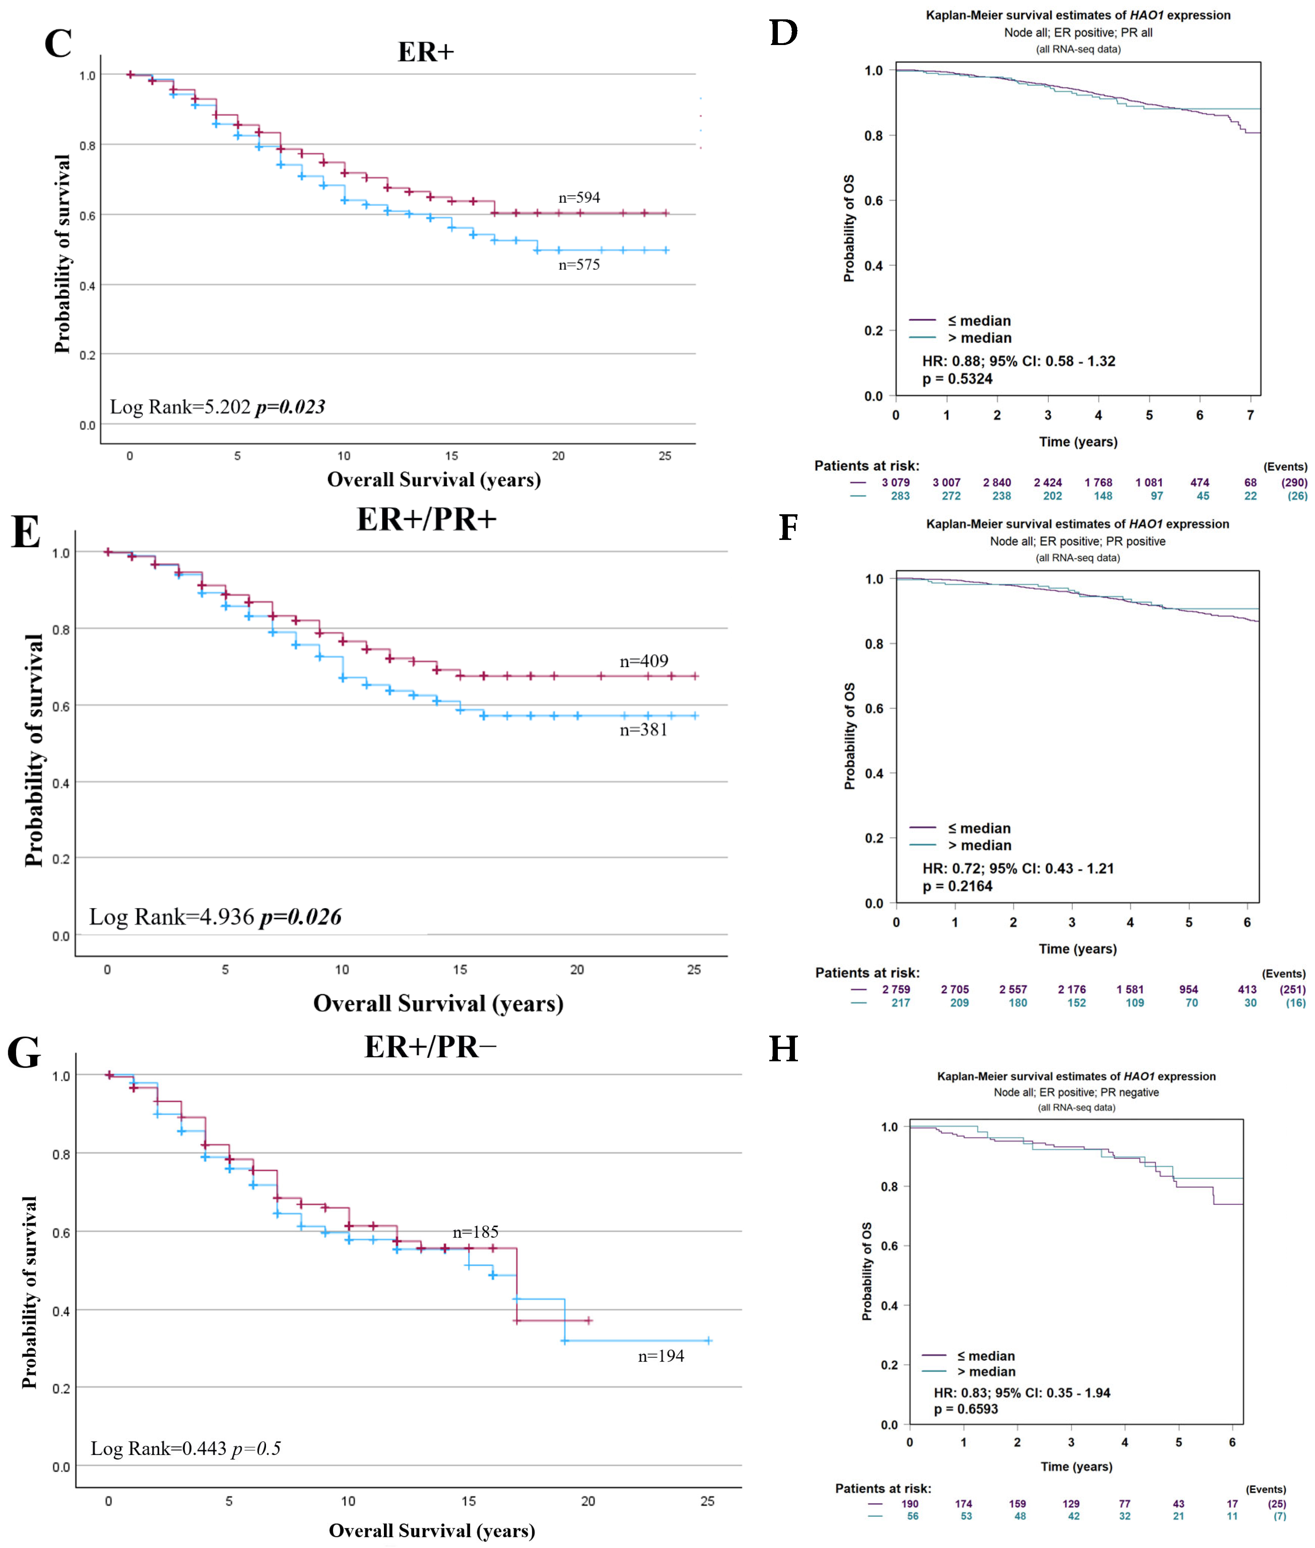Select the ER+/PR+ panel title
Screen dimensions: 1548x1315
(x=426, y=520)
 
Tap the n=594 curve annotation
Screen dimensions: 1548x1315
(x=579, y=198)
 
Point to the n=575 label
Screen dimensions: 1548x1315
(x=579, y=265)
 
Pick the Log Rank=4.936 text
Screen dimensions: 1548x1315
(x=171, y=917)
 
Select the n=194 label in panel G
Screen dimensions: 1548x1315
(x=661, y=1356)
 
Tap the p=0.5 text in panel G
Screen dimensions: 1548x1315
(x=256, y=1448)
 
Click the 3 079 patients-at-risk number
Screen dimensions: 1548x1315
(x=895, y=482)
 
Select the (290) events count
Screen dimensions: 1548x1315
(x=1294, y=482)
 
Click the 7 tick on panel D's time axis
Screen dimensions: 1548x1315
(x=1250, y=415)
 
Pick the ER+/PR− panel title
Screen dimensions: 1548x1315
(x=430, y=1047)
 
